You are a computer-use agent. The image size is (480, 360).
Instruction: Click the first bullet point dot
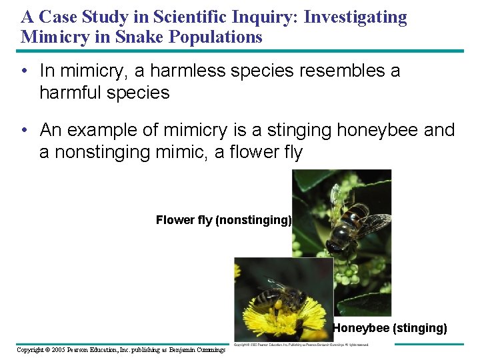click(x=24, y=70)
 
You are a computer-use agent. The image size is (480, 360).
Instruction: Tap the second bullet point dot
click(x=24, y=129)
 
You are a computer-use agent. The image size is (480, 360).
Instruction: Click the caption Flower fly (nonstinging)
click(x=223, y=220)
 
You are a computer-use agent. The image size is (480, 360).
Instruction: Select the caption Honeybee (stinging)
click(x=390, y=327)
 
